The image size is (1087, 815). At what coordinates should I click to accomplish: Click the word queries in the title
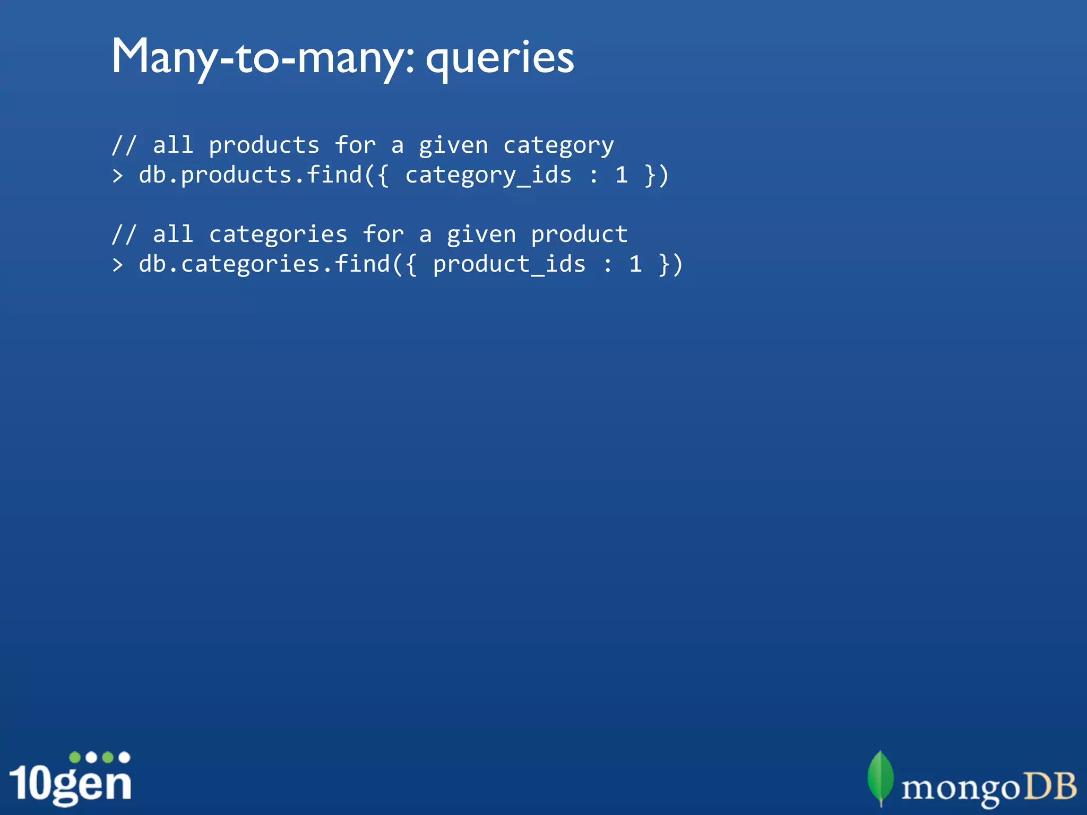click(500, 58)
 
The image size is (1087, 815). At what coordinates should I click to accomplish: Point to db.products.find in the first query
click(251, 175)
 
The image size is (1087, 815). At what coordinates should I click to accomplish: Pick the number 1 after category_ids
click(622, 175)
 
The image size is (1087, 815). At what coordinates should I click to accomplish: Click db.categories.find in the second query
click(264, 264)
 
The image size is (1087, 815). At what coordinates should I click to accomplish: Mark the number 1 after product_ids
click(635, 264)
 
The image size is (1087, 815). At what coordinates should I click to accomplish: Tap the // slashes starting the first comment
click(124, 145)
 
